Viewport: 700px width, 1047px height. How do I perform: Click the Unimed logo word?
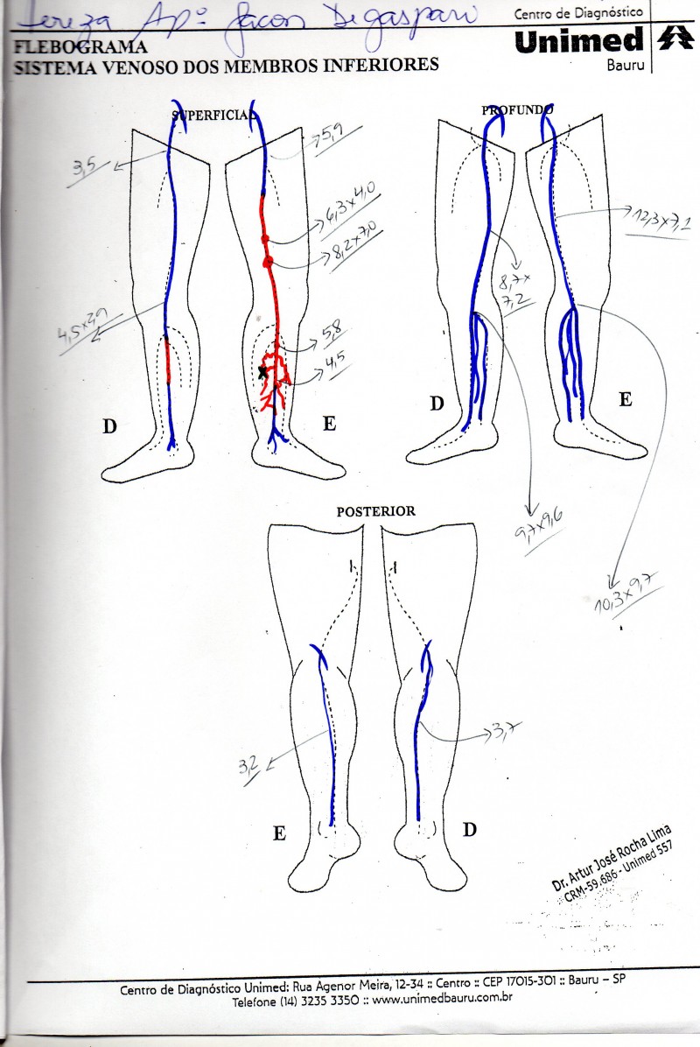[577, 40]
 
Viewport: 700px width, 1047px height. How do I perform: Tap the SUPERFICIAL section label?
[213, 114]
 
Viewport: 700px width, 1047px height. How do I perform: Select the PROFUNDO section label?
[517, 110]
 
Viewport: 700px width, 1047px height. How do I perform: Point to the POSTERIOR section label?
[375, 511]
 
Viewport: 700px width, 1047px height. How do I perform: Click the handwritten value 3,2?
[249, 768]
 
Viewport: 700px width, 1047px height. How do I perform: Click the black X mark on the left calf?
[262, 372]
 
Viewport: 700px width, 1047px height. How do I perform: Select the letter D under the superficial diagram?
[109, 426]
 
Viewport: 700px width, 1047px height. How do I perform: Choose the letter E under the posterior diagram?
[278, 833]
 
